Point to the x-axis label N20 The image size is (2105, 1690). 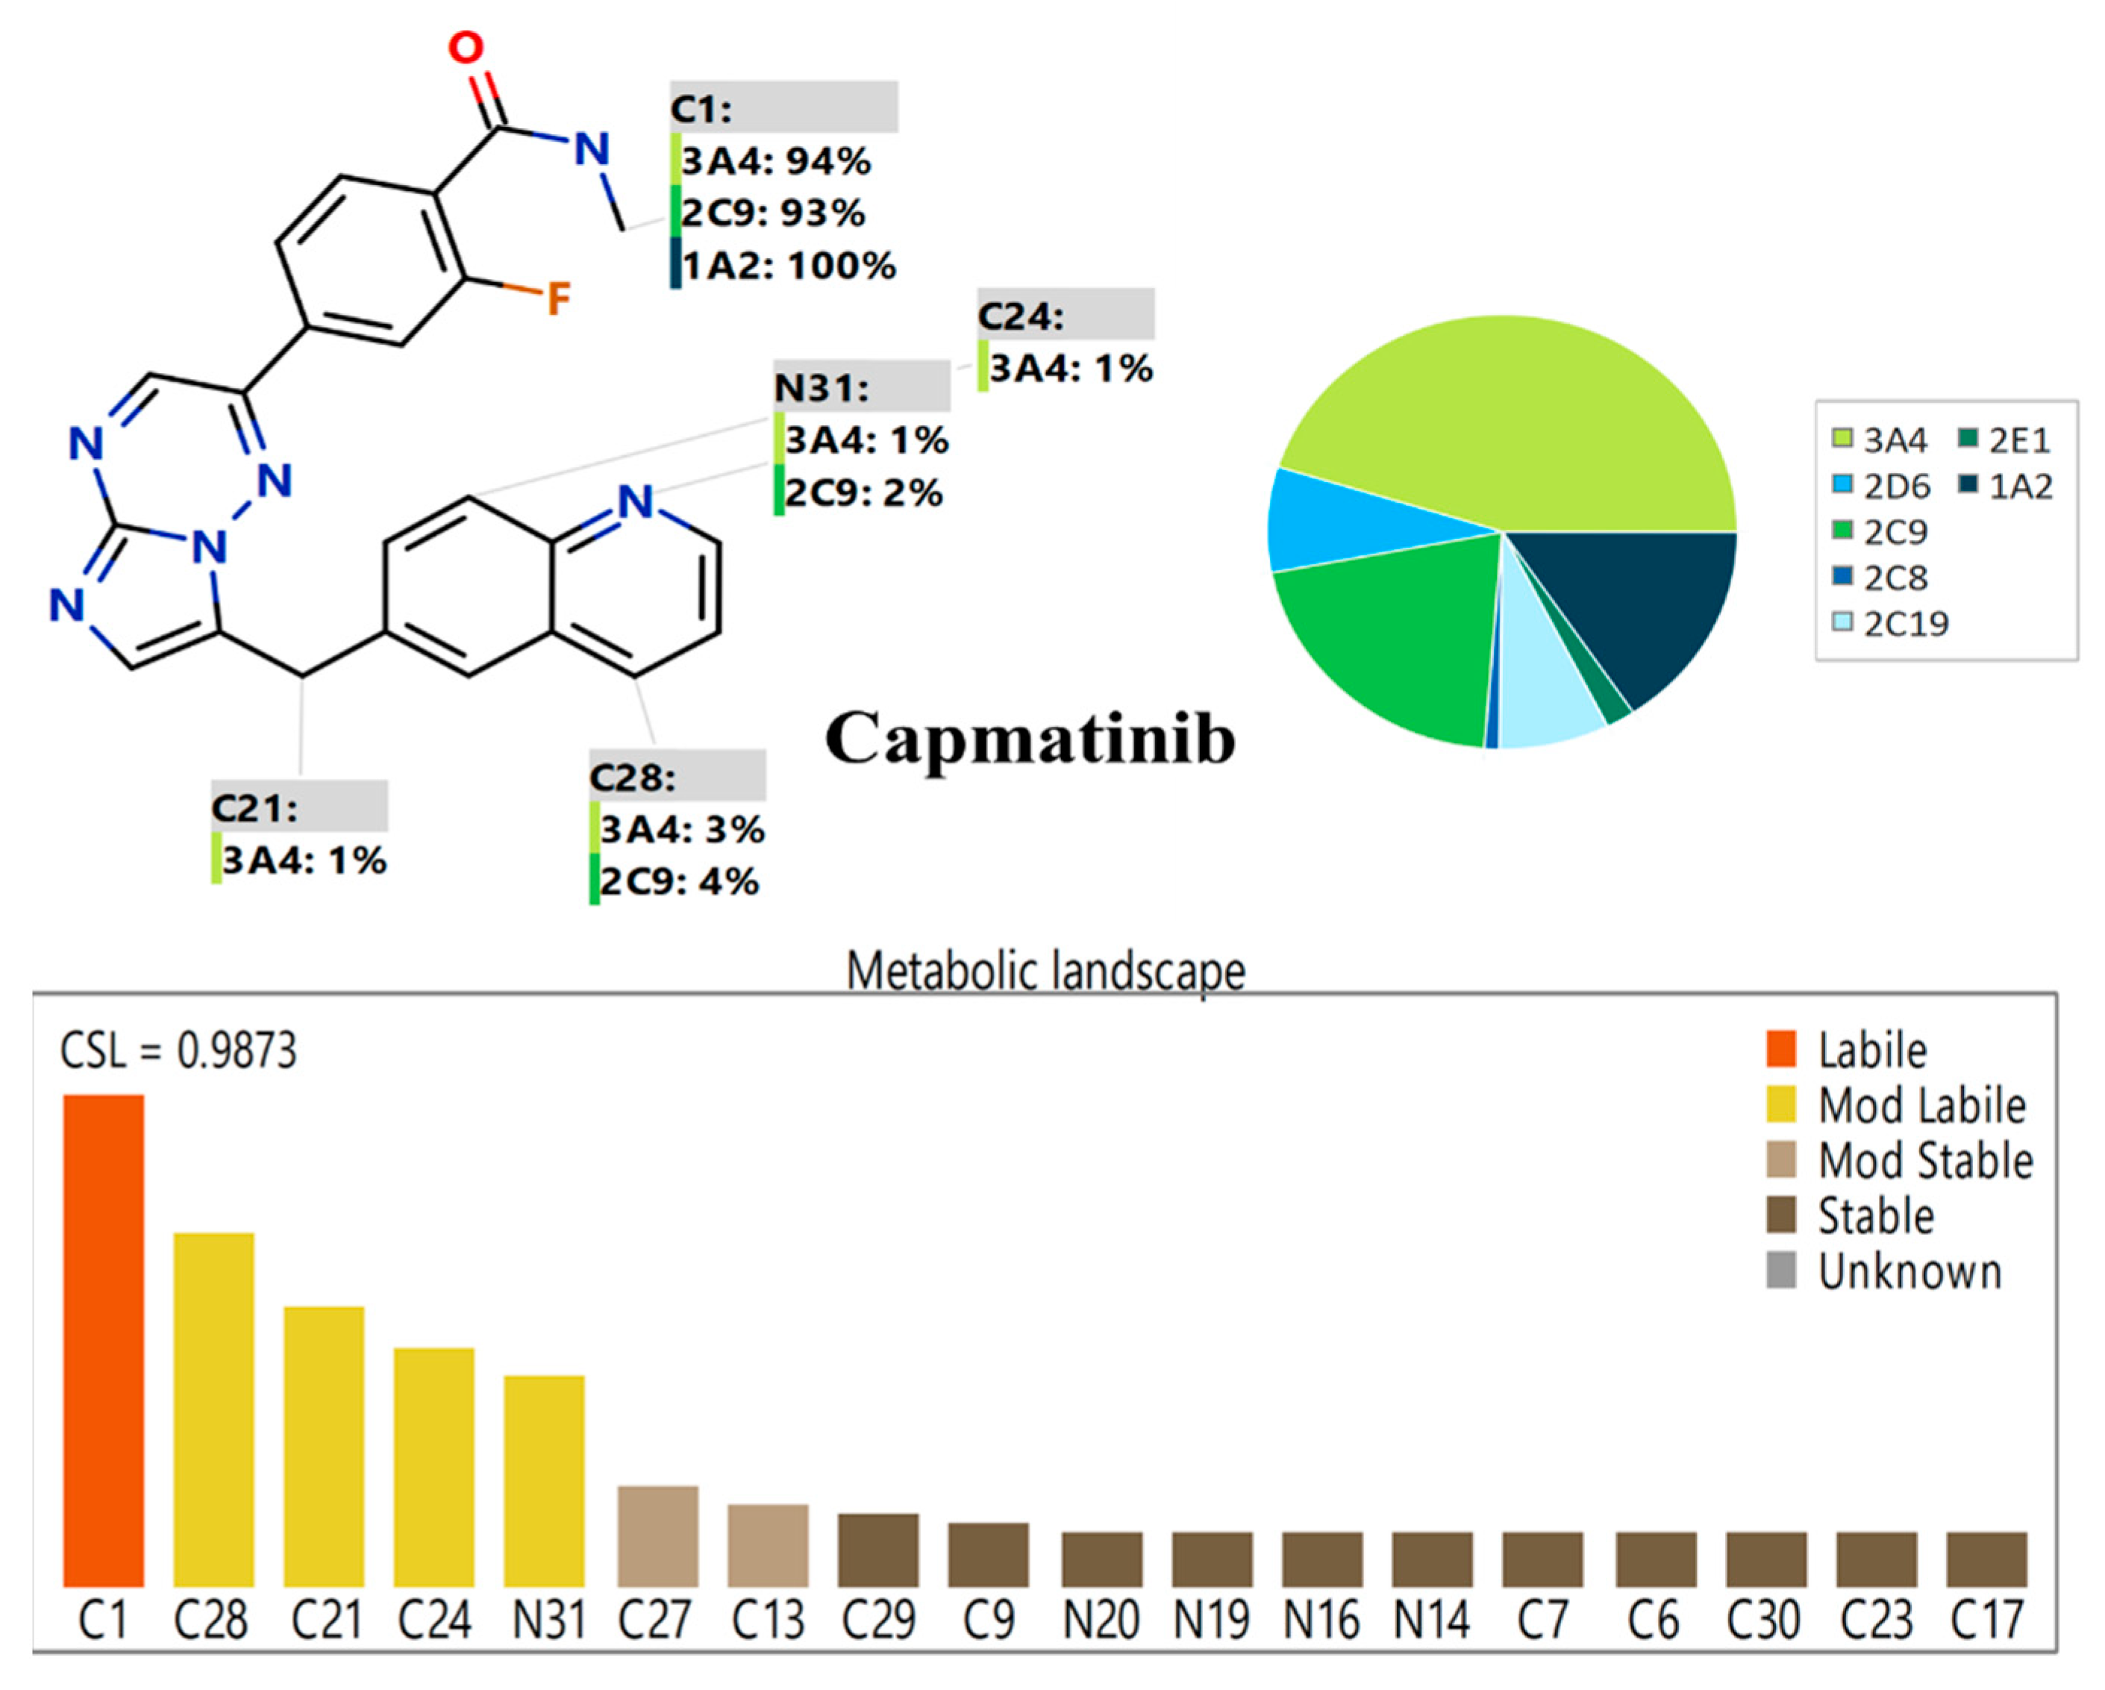tap(1101, 1621)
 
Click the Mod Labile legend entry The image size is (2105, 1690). tap(1921, 1107)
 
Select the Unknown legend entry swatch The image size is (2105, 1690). tap(1781, 1271)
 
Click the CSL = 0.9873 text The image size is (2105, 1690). tap(178, 1051)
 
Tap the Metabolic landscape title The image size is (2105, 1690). tap(1045, 971)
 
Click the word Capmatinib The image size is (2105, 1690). tap(1030, 739)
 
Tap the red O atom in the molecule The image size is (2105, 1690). tap(466, 48)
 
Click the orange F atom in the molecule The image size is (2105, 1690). tap(557, 298)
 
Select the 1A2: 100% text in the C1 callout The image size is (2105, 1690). tap(789, 266)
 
